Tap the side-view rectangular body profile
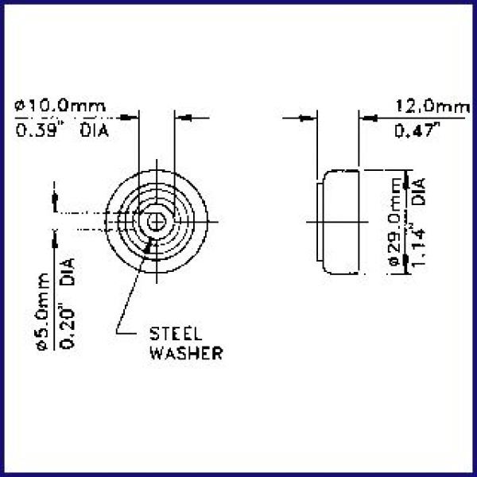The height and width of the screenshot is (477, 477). pyautogui.click(x=340, y=221)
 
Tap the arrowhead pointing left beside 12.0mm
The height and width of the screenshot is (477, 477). pyautogui.click(x=369, y=118)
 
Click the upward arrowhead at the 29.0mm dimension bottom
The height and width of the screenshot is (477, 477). pyautogui.click(x=405, y=261)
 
